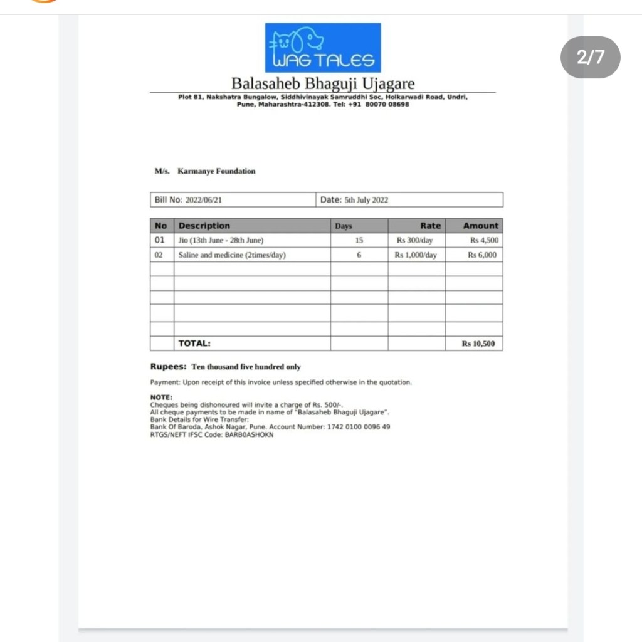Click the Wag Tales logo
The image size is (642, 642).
point(323,48)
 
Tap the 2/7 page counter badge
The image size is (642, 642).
point(590,57)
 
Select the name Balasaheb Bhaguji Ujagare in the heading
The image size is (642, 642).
point(323,83)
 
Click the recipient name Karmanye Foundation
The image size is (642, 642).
point(216,171)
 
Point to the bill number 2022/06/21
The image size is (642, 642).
point(204,200)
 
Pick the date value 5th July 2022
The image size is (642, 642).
point(366,200)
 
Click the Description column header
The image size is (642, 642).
point(204,226)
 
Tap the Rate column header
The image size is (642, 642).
point(431,226)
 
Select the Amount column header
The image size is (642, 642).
point(481,226)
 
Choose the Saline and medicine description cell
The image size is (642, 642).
point(232,255)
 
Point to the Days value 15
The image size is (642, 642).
point(359,240)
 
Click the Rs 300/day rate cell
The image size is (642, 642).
point(414,240)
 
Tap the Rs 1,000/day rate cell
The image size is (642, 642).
point(416,255)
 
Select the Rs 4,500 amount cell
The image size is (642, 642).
point(485,240)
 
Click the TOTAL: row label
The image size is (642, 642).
point(194,344)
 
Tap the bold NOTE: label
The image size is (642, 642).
point(161,397)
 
